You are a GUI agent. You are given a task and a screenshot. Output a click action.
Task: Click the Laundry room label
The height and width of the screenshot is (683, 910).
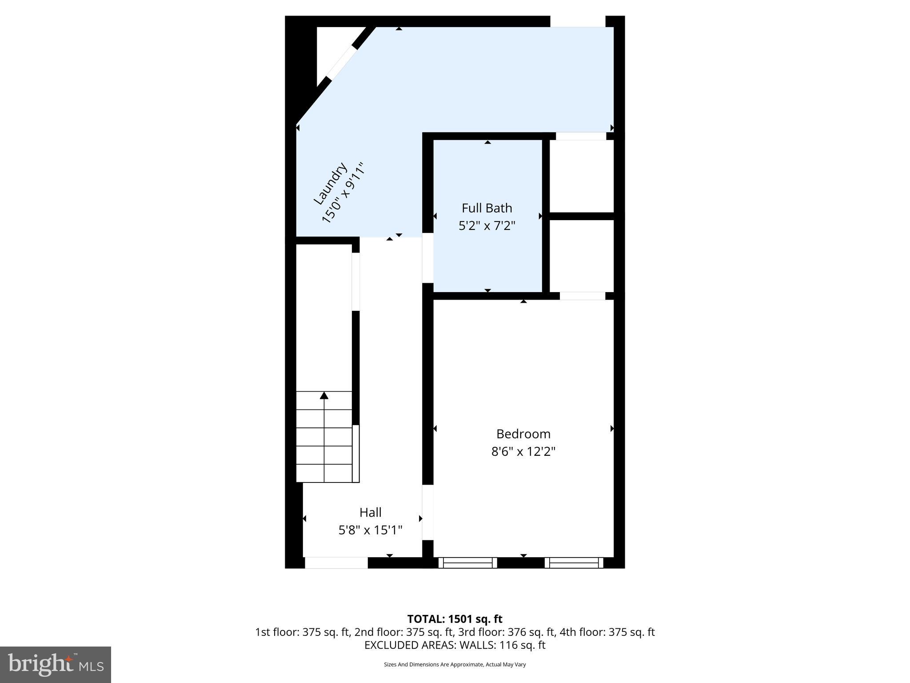[330, 183]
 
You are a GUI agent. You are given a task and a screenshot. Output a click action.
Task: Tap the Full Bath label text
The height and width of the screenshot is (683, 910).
[487, 208]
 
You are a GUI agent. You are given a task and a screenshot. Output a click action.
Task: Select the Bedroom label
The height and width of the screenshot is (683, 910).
[523, 434]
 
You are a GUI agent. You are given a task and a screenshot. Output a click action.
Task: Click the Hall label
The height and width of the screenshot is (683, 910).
[370, 512]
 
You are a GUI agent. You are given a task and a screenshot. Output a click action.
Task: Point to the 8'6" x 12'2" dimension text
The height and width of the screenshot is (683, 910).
[523, 452]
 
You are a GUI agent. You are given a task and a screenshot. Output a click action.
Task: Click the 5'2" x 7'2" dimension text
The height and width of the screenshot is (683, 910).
[487, 226]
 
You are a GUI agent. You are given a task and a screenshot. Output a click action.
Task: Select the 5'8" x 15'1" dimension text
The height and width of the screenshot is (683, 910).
[370, 530]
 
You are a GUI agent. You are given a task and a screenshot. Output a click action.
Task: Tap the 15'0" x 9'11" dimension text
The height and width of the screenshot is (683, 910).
[343, 193]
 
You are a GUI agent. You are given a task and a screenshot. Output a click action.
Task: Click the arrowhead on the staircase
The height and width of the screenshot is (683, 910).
[324, 395]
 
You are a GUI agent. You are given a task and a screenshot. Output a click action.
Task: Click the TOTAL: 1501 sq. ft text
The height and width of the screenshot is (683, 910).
[455, 619]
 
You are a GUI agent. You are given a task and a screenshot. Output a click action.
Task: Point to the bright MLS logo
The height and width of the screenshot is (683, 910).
[56, 664]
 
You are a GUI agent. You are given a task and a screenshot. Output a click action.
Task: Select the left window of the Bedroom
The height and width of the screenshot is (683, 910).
[467, 563]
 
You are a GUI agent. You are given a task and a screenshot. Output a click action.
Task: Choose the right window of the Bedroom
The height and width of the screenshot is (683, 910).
[574, 563]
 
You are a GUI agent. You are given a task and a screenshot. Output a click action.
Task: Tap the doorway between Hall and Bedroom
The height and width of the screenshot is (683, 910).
[427, 512]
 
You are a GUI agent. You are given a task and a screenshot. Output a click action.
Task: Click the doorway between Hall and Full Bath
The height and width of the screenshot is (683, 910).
[427, 257]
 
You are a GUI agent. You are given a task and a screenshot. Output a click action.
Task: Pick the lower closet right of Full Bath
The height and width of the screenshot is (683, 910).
[582, 256]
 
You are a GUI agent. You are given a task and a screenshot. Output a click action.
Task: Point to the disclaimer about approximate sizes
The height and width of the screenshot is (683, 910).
[455, 664]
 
